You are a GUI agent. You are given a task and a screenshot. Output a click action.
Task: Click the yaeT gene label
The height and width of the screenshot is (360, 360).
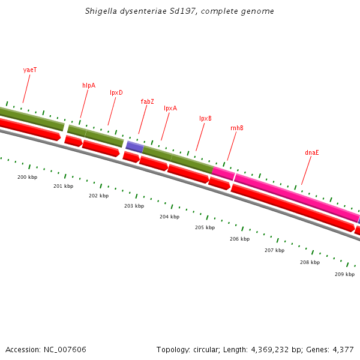point(30,70)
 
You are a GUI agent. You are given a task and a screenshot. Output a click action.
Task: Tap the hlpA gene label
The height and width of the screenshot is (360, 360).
point(89,85)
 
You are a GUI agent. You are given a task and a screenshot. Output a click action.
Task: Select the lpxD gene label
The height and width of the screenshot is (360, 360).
point(116,92)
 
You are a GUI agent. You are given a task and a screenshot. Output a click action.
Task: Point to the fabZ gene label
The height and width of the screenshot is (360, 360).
point(147,101)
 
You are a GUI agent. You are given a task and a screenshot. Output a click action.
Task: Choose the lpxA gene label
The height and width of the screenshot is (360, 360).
point(170,108)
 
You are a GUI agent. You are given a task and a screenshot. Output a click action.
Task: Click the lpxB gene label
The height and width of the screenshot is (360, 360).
point(205,118)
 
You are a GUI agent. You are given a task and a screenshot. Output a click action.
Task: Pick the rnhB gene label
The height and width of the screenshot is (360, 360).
point(237,128)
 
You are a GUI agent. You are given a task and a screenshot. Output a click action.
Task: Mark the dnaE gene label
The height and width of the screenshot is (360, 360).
point(311,152)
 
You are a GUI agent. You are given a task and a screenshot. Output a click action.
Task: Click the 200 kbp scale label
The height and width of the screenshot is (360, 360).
point(27,177)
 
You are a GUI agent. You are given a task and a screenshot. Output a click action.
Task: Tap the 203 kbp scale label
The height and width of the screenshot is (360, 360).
point(134,206)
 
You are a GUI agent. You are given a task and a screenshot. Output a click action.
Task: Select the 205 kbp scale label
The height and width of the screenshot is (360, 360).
point(205,227)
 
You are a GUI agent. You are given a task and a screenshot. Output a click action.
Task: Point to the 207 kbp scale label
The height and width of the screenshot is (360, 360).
point(274,250)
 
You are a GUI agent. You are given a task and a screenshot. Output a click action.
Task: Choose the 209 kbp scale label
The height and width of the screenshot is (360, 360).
point(344,274)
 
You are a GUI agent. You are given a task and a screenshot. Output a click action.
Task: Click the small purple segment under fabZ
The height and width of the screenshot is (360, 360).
point(134,146)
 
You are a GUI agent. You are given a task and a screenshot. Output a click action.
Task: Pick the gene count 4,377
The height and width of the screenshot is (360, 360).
point(343,349)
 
